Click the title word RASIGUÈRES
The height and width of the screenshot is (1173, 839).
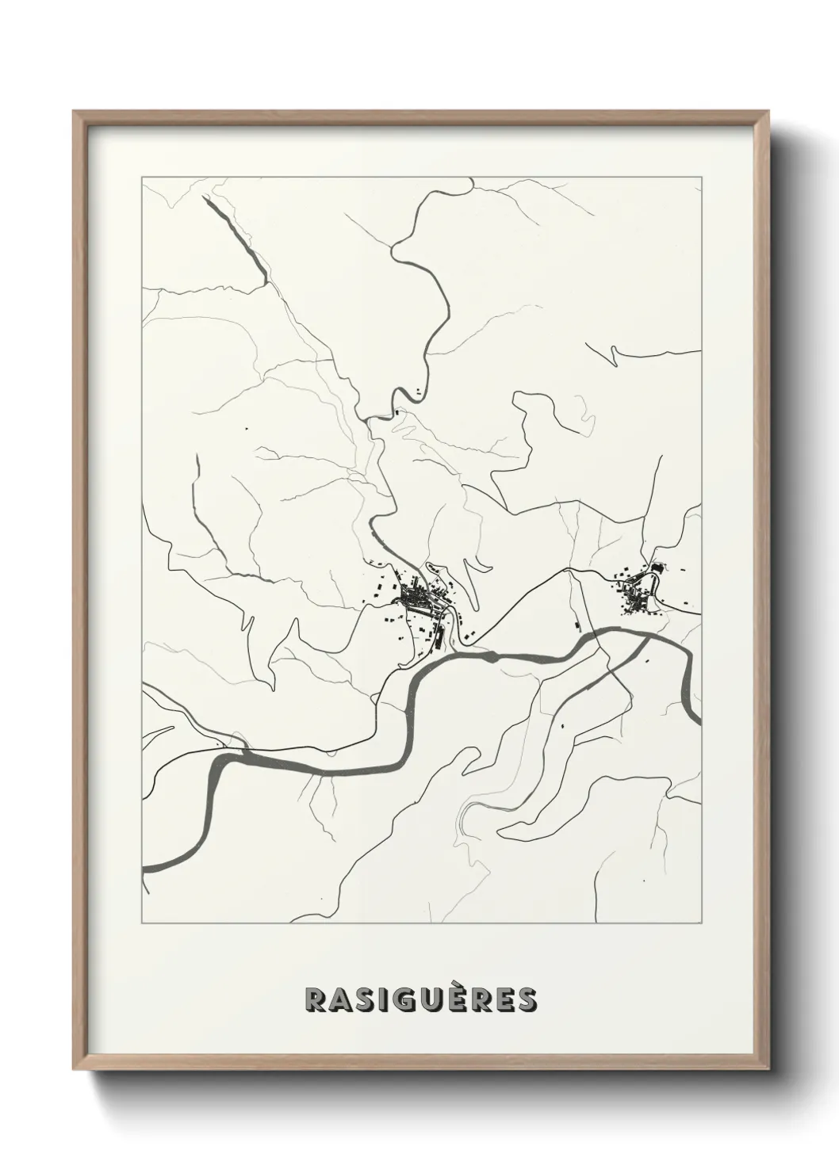420,1000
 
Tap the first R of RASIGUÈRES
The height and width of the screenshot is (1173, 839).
315,1000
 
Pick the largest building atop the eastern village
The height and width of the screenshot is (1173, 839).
657,568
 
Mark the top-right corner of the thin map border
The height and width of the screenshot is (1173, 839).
701,178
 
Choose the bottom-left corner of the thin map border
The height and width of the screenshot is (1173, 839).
142,923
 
